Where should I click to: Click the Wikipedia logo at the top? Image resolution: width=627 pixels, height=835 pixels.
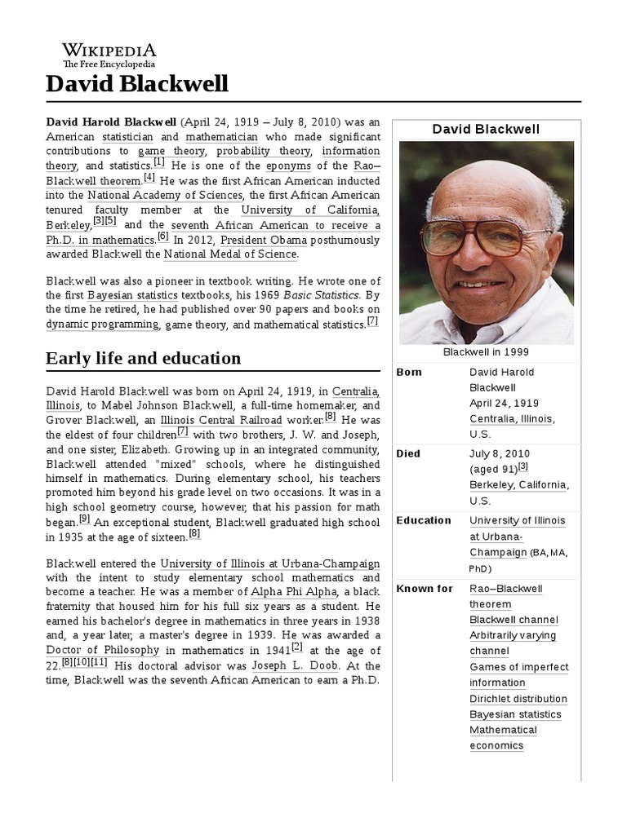pos(109,54)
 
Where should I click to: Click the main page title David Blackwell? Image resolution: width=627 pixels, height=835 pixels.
pos(137,83)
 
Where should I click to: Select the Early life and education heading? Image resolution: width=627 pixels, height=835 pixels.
pos(143,358)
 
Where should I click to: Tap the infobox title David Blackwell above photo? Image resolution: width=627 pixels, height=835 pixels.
pos(486,129)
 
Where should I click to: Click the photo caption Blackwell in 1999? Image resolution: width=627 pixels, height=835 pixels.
pos(486,351)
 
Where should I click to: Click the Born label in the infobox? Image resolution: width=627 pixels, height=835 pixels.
pos(409,372)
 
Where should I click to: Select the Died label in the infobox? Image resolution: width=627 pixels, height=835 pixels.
pos(408,453)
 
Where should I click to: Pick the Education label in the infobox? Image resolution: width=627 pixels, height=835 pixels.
pos(423,520)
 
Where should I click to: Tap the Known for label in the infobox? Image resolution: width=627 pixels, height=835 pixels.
pos(424,589)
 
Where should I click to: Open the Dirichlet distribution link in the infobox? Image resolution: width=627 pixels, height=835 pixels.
pos(518,699)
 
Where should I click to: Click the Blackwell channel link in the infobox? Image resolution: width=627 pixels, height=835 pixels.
pos(514,620)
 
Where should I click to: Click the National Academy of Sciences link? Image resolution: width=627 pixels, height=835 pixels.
pos(165,195)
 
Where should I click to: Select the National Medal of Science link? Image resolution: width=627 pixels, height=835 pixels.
pos(230,254)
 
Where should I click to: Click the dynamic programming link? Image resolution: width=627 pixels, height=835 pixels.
pos(102,324)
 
